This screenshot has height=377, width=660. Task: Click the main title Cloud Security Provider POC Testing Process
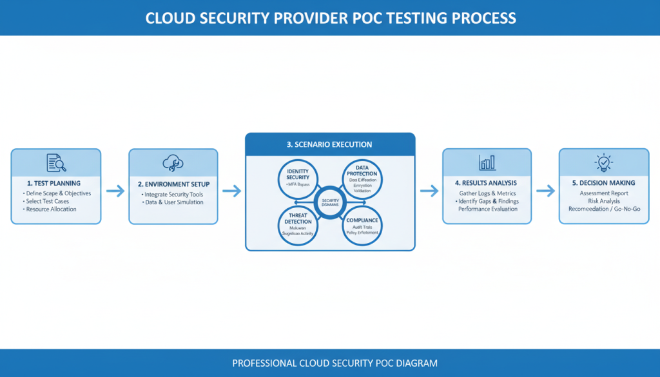tap(330, 17)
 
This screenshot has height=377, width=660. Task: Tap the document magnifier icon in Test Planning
tap(56, 163)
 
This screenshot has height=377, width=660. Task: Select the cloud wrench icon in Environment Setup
tap(173, 162)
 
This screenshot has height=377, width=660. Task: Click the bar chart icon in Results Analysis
tap(487, 162)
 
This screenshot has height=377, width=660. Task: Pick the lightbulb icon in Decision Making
tap(604, 162)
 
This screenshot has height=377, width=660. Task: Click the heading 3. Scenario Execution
tap(329, 144)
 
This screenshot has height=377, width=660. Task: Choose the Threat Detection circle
tap(298, 226)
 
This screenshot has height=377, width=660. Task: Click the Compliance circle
tap(362, 226)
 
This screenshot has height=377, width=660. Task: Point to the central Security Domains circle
tap(329, 202)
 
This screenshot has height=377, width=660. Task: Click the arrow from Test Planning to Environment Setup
tap(115, 191)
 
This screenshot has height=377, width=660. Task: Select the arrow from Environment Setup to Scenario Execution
tap(231, 191)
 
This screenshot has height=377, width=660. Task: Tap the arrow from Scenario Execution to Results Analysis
tap(428, 191)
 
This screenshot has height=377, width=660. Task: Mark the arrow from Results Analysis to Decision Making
tap(545, 191)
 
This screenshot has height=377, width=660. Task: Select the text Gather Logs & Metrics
tap(487, 193)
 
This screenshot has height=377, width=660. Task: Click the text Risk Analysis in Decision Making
tap(604, 201)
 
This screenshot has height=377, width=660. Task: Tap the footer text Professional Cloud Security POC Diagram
tap(335, 363)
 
